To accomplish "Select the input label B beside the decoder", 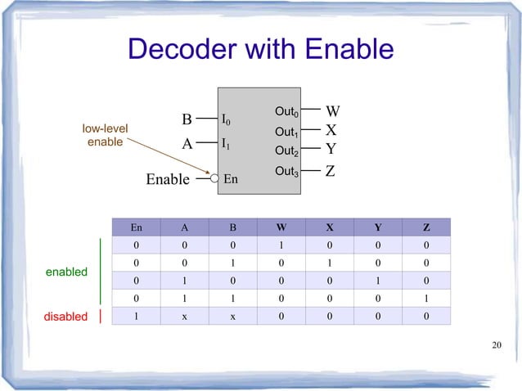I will pyautogui.click(x=187, y=120).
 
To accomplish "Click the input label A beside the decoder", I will pyautogui.click(x=187, y=144).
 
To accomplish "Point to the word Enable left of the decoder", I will pyautogui.click(x=168, y=179).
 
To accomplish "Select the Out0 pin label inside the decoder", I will pyautogui.click(x=287, y=111).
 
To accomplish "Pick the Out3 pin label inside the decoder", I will pyautogui.click(x=287, y=171).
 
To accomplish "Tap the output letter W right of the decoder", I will pyautogui.click(x=333, y=111).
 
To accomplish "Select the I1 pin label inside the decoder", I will pyautogui.click(x=226, y=143).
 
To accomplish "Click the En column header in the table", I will pyautogui.click(x=136, y=227).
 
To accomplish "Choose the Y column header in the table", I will pyautogui.click(x=380, y=227).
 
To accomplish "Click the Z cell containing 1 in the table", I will pyautogui.click(x=426, y=298).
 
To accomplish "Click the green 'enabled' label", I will pyautogui.click(x=66, y=272).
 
